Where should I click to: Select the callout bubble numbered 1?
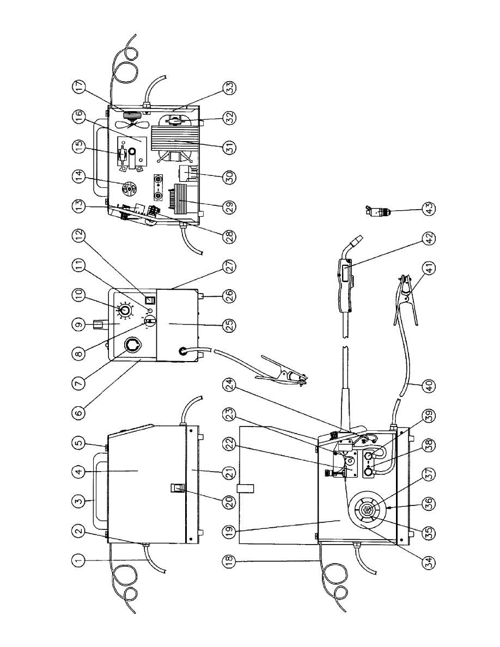click(80, 560)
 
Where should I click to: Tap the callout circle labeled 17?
click(80, 87)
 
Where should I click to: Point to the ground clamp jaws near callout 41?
click(404, 299)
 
